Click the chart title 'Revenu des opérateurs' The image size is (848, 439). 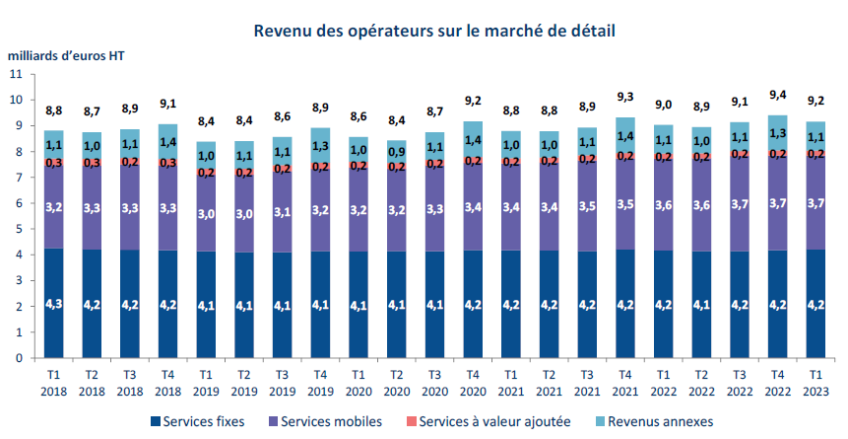pyautogui.click(x=433, y=31)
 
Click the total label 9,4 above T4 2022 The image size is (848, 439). pyautogui.click(x=778, y=95)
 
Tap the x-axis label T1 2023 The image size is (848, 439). pyautogui.click(x=815, y=383)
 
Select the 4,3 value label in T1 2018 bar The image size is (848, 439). pyautogui.click(x=53, y=307)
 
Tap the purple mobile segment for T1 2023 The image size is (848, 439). pyautogui.click(x=815, y=201)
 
